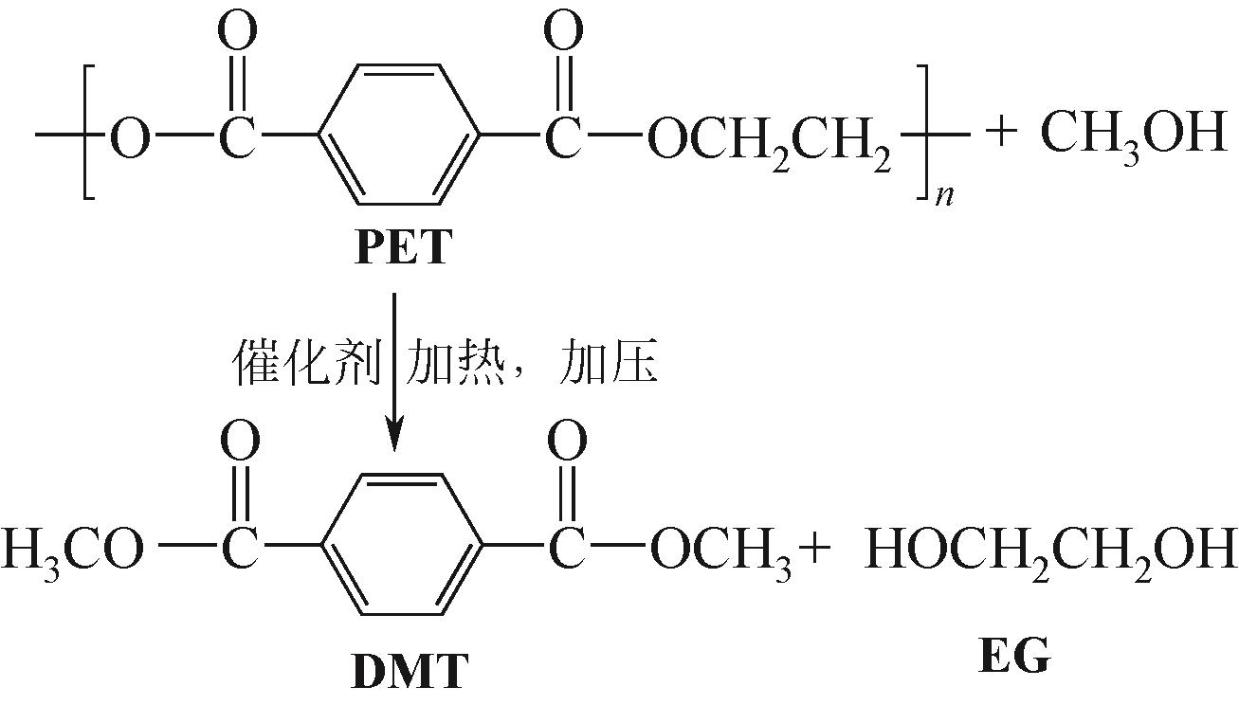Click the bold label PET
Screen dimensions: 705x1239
tap(400, 249)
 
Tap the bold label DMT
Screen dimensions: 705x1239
tap(410, 671)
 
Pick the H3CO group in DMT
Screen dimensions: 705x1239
tap(71, 551)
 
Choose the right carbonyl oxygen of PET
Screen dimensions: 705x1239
tap(564, 34)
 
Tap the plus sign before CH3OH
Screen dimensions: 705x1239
tap(1006, 134)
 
